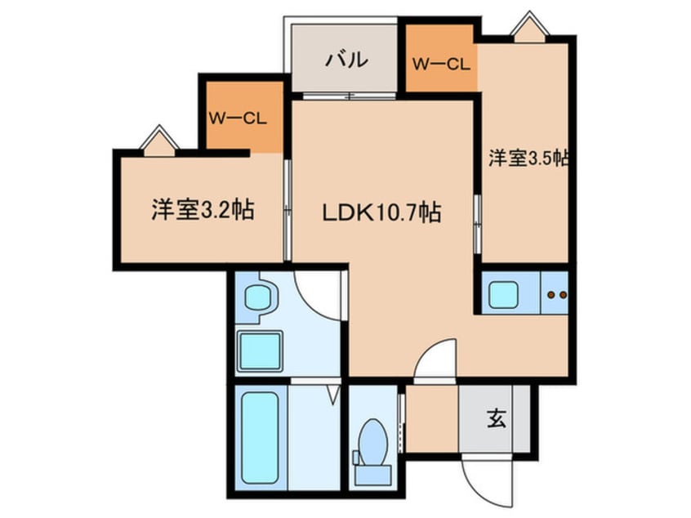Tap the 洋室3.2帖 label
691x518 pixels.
click(201, 210)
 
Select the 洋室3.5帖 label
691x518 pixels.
click(528, 159)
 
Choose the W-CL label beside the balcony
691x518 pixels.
click(441, 63)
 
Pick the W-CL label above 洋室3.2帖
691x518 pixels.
click(238, 118)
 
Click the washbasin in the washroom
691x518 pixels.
click(258, 298)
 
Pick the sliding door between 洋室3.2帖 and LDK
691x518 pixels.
click(288, 209)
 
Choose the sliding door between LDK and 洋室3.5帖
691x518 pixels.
click(478, 221)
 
